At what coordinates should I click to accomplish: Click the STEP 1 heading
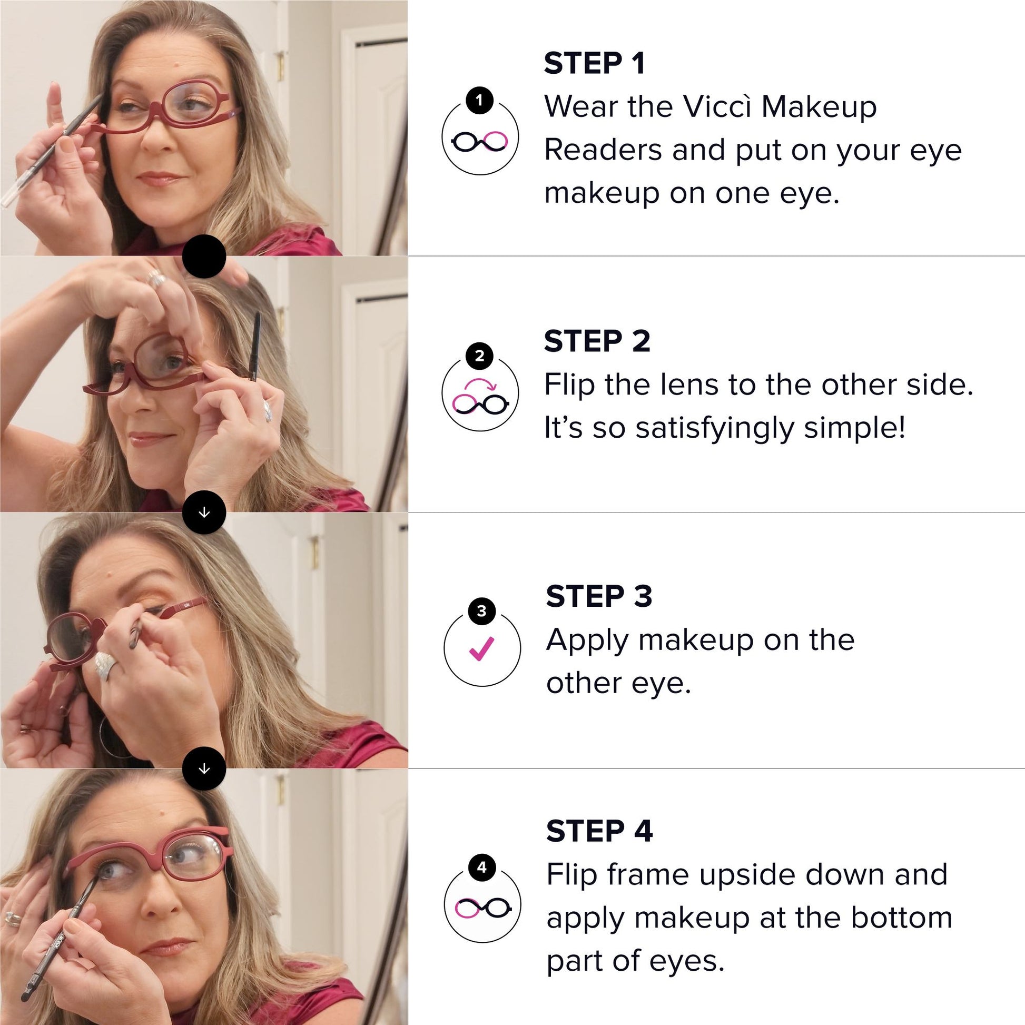click(594, 64)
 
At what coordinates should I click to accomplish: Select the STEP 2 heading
click(597, 341)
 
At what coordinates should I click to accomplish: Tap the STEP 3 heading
click(599, 596)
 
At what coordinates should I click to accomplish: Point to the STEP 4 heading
click(599, 831)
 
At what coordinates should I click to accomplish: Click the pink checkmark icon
click(482, 648)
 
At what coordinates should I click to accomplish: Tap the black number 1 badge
click(480, 100)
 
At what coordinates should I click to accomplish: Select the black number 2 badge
click(480, 356)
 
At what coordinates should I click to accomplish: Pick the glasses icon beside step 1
click(480, 141)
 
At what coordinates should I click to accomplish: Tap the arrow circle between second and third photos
click(204, 512)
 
